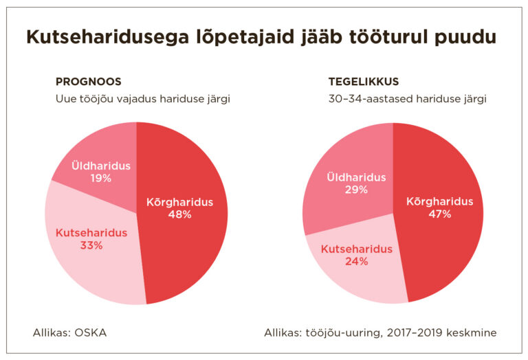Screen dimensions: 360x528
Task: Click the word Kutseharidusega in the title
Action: tap(101, 37)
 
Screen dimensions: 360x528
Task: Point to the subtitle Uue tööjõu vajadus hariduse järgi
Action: tap(142, 99)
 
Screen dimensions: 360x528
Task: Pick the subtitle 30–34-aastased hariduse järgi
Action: tap(408, 99)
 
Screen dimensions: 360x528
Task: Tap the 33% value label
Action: tap(91, 245)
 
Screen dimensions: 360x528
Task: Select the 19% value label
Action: tap(100, 179)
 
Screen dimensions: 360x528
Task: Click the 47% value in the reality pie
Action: tap(439, 214)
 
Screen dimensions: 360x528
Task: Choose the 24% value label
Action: tap(356, 262)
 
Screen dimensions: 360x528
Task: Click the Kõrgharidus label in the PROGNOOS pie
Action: tap(179, 203)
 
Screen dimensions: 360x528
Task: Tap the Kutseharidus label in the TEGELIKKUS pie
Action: tap(356, 249)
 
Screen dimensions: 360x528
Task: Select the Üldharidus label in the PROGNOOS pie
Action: tap(100, 166)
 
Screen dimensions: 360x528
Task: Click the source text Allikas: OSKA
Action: tap(69, 333)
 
